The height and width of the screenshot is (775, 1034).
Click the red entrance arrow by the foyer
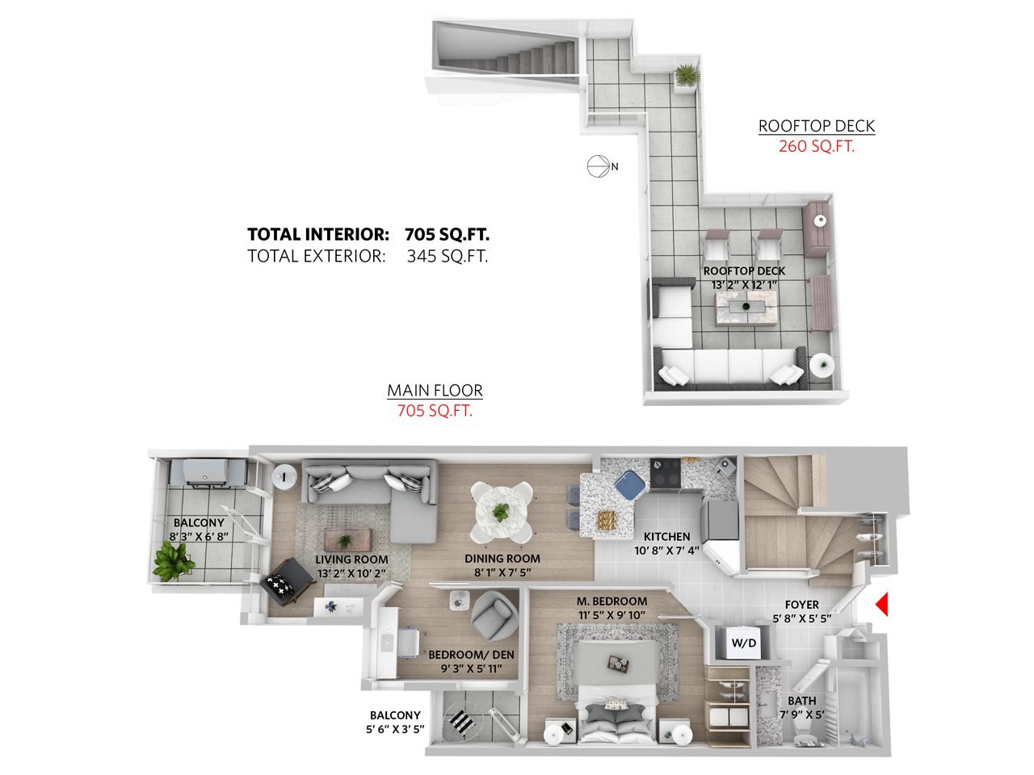882,604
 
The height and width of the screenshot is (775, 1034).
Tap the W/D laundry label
744,643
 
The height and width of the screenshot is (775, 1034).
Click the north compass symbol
599,166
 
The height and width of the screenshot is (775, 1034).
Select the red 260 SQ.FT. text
817,146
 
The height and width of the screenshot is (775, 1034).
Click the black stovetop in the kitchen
666,473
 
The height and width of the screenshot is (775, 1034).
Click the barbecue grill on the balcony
208,472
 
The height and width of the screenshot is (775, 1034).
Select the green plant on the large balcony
170,560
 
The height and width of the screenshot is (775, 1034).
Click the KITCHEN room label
666,536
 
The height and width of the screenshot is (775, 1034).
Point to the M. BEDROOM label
612,601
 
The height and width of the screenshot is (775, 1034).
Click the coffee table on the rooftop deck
746,308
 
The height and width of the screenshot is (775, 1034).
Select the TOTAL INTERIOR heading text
318,234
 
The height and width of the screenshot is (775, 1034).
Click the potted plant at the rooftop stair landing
687,76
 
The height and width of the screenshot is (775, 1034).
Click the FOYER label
802,605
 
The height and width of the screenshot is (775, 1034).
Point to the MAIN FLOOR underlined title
435,391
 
